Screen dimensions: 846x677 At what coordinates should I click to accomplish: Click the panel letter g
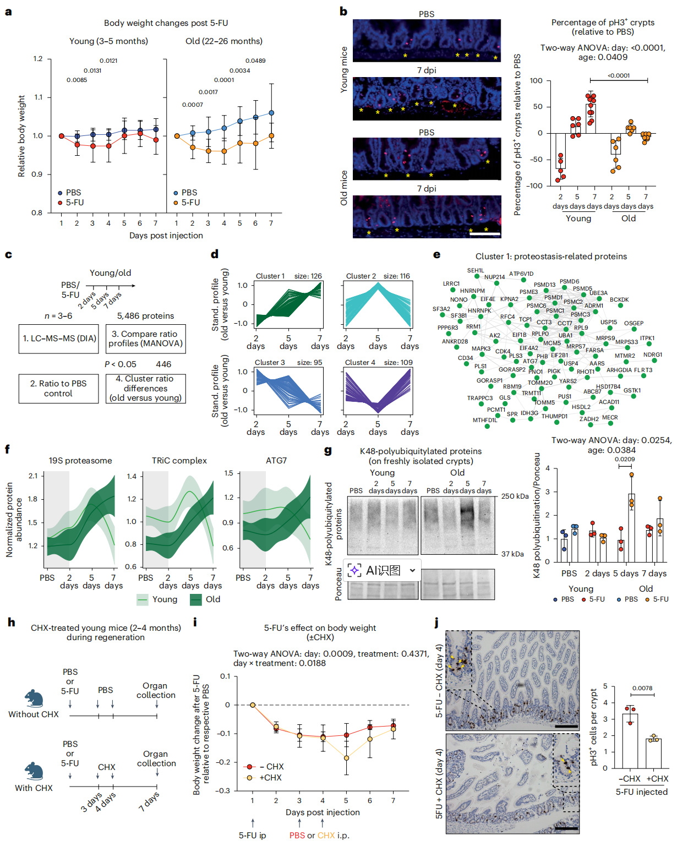328,451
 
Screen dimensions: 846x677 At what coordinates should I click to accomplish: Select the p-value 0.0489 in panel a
255,61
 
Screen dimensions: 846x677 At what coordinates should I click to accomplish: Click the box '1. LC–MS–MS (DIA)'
59,339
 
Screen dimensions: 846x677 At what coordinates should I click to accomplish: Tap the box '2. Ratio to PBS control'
58,388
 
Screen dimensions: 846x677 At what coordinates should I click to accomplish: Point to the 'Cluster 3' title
270,362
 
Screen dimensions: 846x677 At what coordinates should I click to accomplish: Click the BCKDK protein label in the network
619,300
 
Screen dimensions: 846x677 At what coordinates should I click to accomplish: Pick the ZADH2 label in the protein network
588,419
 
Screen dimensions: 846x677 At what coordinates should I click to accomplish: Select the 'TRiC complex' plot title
179,461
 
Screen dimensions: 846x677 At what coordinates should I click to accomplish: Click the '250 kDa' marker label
515,496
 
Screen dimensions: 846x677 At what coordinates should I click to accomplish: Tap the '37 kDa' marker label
512,554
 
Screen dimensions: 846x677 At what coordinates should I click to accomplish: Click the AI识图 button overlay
383,570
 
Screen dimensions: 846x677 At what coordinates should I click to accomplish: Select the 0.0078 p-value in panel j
642,688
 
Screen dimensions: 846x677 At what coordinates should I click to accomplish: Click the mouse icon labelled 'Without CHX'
34,698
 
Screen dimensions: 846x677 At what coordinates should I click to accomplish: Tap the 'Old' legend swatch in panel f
195,599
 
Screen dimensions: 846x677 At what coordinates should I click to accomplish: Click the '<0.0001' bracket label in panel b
619,75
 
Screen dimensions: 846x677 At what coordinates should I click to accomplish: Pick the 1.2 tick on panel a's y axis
37,59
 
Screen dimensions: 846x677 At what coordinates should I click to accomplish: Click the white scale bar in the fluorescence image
485,234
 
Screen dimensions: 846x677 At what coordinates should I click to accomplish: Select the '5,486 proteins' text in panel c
145,316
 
